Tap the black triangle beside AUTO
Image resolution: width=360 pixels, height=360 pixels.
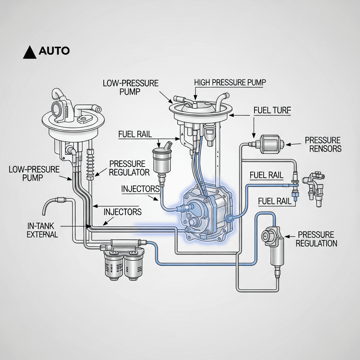click(x=30, y=52)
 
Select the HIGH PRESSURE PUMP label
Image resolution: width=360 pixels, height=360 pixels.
click(x=230, y=82)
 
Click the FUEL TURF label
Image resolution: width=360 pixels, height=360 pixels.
click(x=272, y=110)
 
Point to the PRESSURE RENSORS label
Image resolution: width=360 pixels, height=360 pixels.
click(x=323, y=144)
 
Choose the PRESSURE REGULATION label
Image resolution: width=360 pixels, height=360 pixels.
click(x=316, y=239)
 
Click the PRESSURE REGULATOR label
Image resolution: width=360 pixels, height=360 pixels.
click(x=129, y=168)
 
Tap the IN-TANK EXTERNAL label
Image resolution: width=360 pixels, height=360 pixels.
click(x=42, y=230)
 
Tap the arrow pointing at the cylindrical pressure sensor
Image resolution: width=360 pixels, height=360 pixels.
click(x=294, y=144)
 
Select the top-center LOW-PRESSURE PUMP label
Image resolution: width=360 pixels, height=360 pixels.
click(x=130, y=88)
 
